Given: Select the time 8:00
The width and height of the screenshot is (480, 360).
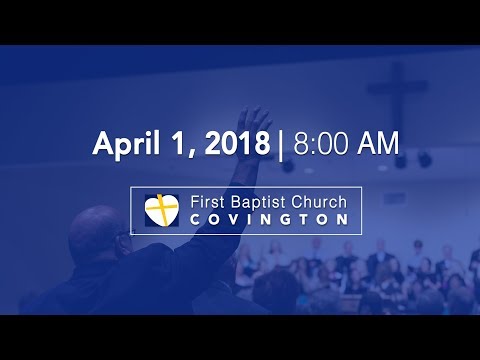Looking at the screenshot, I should point(320,143).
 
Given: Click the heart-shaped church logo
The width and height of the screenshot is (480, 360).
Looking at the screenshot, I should point(160,210).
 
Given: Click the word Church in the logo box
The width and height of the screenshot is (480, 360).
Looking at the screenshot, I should point(319,202).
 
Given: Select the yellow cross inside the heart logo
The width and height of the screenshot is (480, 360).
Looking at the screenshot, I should point(160,210).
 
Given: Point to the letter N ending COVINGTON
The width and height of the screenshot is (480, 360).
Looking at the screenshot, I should point(342,220).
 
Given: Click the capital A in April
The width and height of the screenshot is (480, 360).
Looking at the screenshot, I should point(102,143).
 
